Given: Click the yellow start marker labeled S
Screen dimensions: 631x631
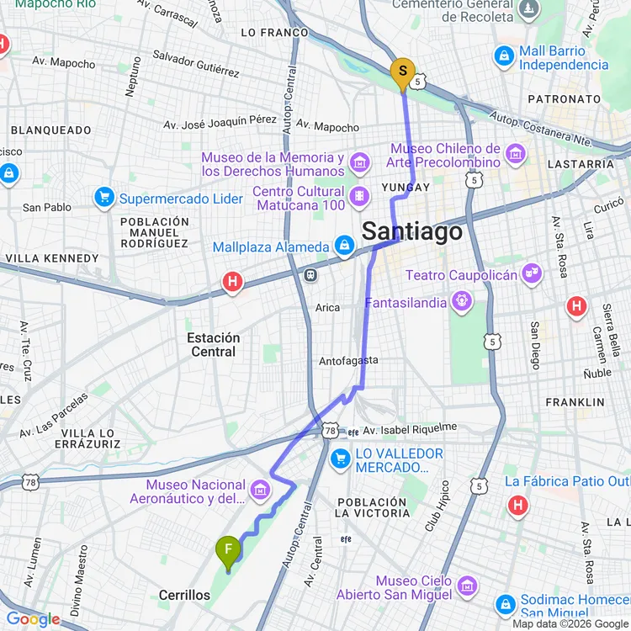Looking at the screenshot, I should pos(402,72).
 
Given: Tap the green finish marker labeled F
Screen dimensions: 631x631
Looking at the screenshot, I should pos(228,552).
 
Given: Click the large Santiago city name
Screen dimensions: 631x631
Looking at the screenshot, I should pos(412,231).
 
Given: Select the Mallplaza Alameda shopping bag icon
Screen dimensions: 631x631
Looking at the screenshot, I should pos(343,247).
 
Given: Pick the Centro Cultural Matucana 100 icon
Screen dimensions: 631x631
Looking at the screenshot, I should pos(360,196).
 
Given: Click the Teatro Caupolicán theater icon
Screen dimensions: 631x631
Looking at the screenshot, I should pos(530,273).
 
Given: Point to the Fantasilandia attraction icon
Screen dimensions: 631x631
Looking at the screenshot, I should pos(461,300).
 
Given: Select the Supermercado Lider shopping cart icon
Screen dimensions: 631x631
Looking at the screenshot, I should pos(105,199).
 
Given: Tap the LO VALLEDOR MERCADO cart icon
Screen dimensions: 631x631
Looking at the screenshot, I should pos(341,459).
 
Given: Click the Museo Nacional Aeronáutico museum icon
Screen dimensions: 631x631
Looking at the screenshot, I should pos(260,490).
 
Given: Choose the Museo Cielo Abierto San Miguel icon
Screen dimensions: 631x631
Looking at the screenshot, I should pos(468,586).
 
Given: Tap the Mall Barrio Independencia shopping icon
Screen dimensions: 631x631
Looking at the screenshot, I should pos(505,56).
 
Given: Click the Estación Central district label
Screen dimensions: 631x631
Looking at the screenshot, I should pos(213,344).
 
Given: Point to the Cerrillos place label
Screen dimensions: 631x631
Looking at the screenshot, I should pos(184,595).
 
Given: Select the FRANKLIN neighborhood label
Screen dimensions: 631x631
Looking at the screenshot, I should pos(575,402).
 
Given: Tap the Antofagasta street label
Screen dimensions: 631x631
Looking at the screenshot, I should pos(348,361).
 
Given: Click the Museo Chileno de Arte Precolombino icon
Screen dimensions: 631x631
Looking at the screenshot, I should pos(517,154).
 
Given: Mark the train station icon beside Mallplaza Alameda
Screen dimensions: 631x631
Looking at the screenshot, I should pos(310,274).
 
